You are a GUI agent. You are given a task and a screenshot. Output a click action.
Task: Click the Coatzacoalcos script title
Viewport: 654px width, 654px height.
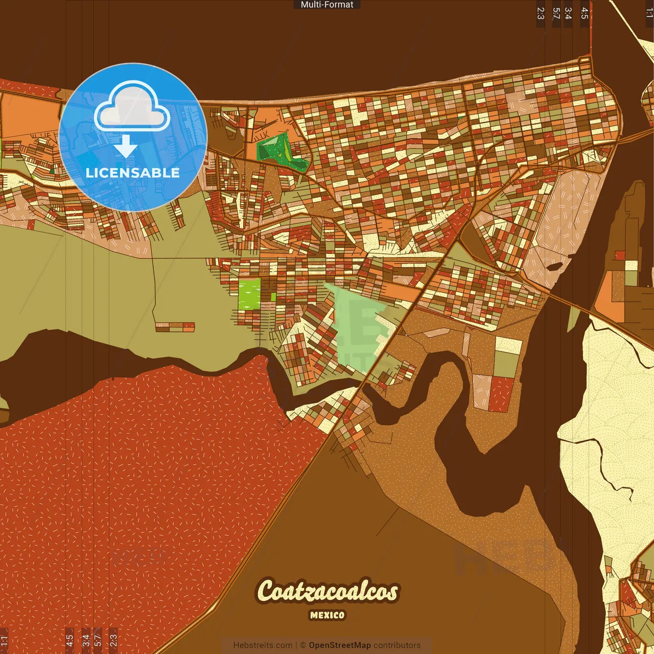point(328,591)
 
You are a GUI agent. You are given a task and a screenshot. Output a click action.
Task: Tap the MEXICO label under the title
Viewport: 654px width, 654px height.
point(328,615)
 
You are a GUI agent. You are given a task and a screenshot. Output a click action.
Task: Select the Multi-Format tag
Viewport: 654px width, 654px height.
point(327,5)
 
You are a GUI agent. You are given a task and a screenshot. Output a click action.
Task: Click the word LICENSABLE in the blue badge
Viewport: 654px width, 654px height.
point(133,173)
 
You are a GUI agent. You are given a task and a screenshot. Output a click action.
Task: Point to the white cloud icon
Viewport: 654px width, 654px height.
point(132,107)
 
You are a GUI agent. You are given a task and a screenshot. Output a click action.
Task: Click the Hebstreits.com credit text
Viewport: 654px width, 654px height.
point(263,645)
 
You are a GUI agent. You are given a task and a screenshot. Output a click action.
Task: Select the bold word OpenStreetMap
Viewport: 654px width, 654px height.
point(339,645)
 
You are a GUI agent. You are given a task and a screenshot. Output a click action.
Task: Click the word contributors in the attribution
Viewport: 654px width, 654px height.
point(397,645)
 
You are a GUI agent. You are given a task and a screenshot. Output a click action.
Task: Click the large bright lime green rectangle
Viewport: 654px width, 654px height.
point(249,294)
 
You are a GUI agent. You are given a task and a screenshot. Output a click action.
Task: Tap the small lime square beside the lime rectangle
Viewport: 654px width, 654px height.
point(273,297)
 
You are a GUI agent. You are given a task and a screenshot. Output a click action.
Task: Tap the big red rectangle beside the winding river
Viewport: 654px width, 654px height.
point(501,394)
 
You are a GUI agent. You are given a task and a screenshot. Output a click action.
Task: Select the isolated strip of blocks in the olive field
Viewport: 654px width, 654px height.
point(175,327)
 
